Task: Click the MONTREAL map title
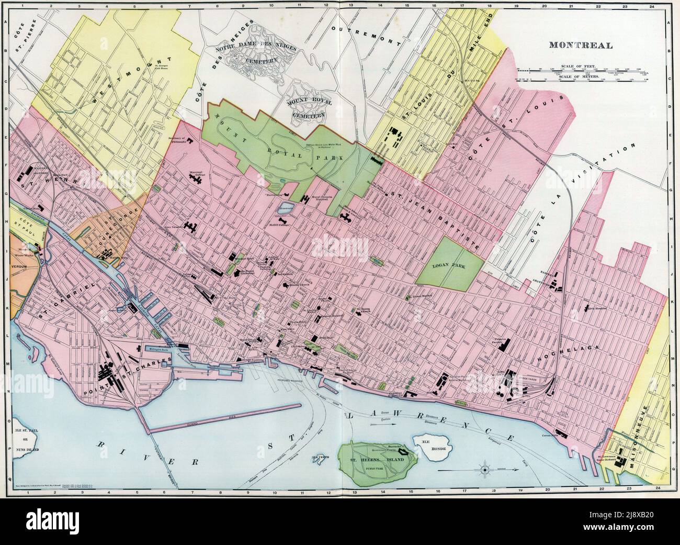(x=580, y=45)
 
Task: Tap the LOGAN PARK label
(x=449, y=265)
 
